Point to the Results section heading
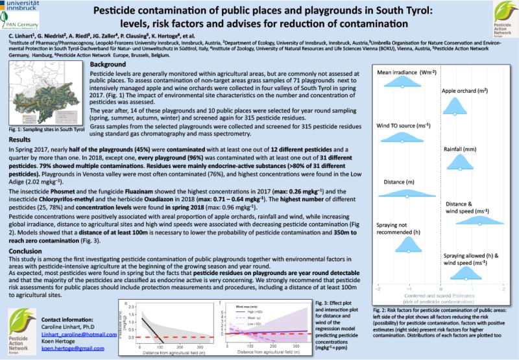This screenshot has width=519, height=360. [x=20, y=141]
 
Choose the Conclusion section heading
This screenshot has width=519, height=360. [x=27, y=250]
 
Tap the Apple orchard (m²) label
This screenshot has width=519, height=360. [x=464, y=91]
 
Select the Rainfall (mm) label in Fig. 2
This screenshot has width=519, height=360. [x=462, y=149]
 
